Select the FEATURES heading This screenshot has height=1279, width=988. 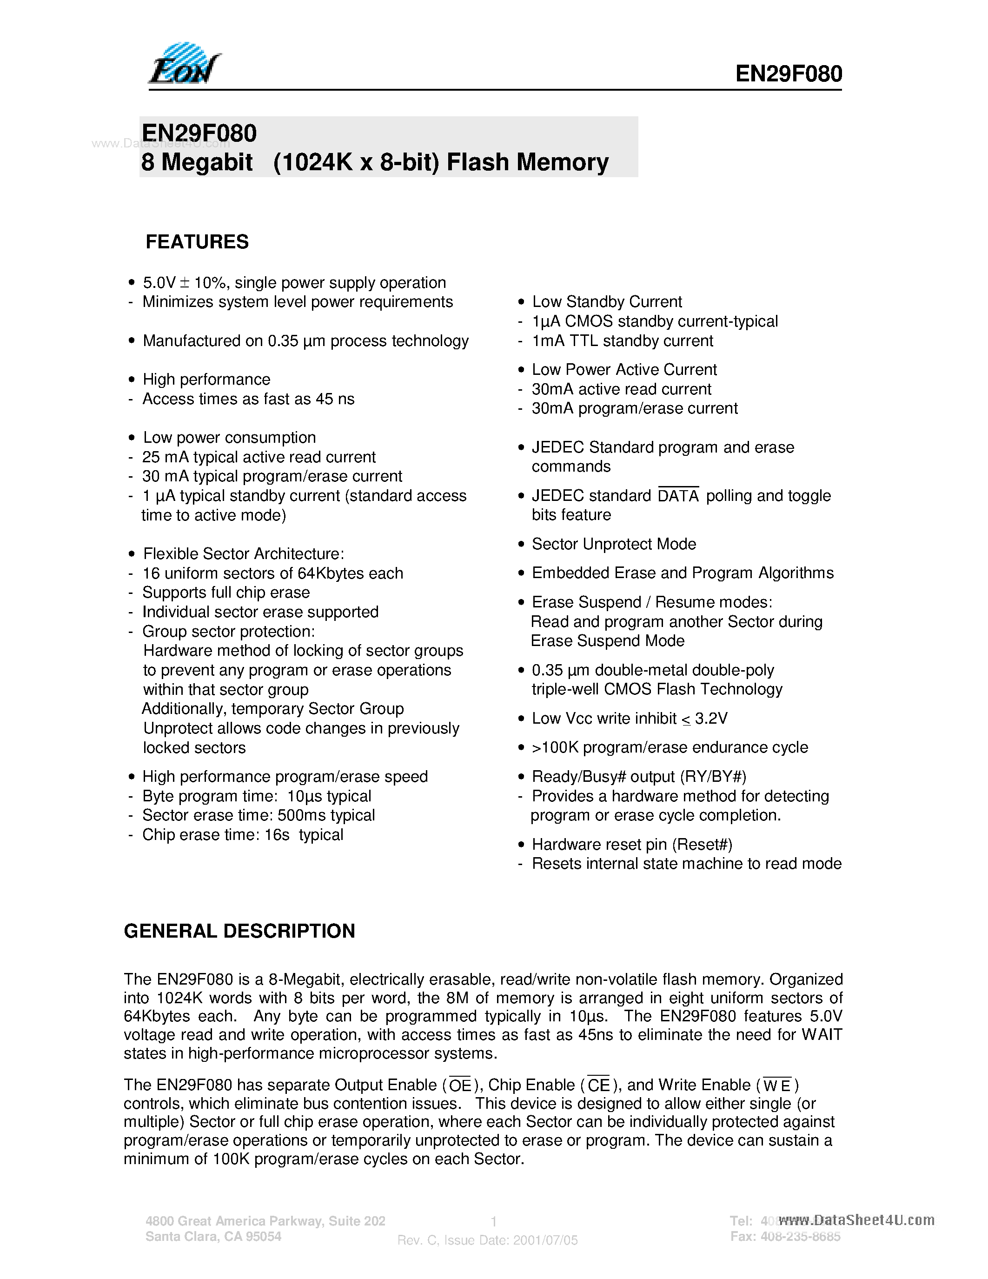pyautogui.click(x=197, y=242)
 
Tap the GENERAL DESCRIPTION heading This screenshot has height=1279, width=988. pyautogui.click(x=239, y=931)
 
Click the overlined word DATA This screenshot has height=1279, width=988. pyautogui.click(x=678, y=496)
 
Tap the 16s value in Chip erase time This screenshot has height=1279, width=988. pyautogui.click(x=277, y=834)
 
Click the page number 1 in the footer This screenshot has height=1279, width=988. pyautogui.click(x=493, y=1221)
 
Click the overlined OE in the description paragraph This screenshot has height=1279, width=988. pyautogui.click(x=459, y=1086)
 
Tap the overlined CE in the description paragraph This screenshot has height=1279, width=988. pyautogui.click(x=598, y=1086)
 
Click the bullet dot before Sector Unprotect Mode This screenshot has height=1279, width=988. pyautogui.click(x=521, y=544)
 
